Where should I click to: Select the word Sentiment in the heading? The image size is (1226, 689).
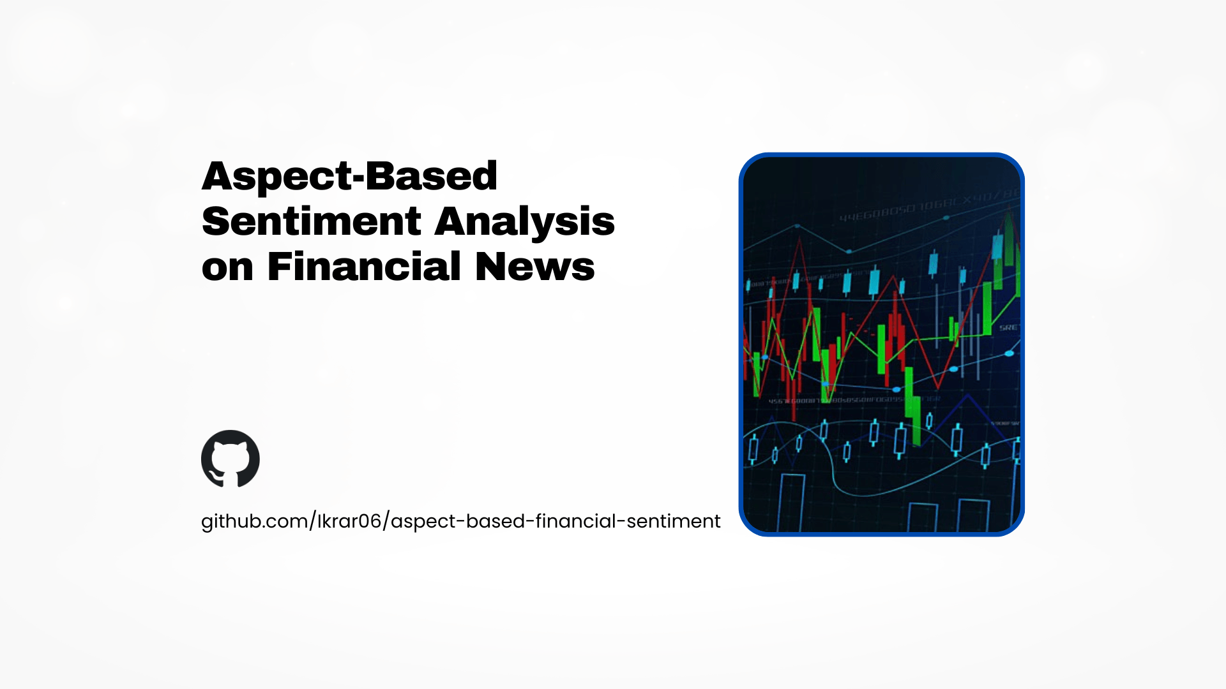point(311,221)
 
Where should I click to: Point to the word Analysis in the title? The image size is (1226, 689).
point(524,223)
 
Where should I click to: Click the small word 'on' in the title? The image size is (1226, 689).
point(227,267)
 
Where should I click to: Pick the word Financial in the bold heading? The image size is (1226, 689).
point(364,267)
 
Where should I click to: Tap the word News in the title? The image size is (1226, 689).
point(534,267)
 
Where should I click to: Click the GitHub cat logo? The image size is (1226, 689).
point(231,459)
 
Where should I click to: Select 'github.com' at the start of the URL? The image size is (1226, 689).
point(254,521)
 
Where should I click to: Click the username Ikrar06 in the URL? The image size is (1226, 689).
point(349,521)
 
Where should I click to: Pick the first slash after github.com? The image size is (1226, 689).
point(313,521)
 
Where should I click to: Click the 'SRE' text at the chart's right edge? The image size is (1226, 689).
point(1009,327)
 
